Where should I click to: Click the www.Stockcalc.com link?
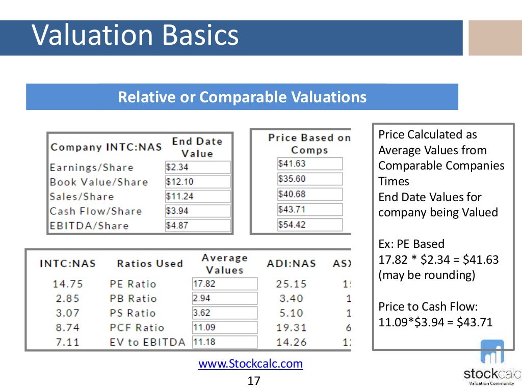point(250,364)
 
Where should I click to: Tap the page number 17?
point(253,381)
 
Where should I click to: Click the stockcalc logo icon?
point(491,352)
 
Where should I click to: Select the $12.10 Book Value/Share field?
point(197,182)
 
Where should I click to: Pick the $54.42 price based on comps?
point(309,225)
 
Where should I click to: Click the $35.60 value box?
point(309,179)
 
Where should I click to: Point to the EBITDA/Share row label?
point(89,226)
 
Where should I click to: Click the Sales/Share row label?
point(82,197)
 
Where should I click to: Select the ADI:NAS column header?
point(291,264)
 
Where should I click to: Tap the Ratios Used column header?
point(149,264)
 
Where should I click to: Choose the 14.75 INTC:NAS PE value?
point(67,284)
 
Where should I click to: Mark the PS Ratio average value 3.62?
point(224,313)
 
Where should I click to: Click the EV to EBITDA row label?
point(147,342)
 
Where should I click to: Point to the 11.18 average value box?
point(224,342)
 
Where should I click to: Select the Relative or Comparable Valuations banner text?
point(242,97)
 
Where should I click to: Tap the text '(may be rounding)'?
point(426,275)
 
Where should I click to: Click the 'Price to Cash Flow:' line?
point(428,306)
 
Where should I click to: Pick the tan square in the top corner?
point(495,38)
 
